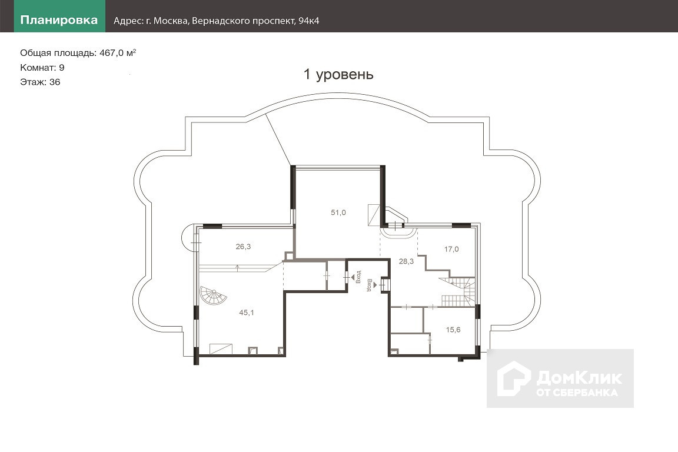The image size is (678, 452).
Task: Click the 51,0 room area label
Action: pos(338,212)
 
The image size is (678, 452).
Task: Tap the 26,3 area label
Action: pos(243,247)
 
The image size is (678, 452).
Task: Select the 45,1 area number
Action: pos(247,313)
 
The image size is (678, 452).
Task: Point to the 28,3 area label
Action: pos(406,261)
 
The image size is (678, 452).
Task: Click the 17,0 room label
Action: pos(451,249)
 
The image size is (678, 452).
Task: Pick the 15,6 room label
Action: pos(453,330)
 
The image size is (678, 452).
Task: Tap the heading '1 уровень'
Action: pos(338,74)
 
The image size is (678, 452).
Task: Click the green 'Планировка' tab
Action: pos(59,20)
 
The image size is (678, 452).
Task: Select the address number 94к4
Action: pos(309,21)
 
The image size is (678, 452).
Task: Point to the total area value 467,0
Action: pos(112,53)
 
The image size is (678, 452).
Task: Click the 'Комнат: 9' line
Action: pos(42,68)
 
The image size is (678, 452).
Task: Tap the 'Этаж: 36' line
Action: pos(40,82)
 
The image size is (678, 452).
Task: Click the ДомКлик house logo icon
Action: pos(513,378)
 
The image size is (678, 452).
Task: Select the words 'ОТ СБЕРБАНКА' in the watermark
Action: pos(577,393)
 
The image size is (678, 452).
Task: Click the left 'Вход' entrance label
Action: pos(358,277)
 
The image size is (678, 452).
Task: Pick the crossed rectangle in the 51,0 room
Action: pos(373,215)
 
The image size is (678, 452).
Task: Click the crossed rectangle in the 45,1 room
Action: pos(221,349)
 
